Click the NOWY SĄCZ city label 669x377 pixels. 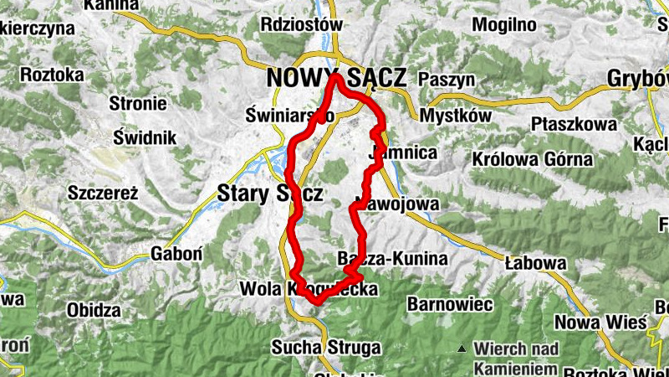click(x=335, y=78)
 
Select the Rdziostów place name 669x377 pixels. click(x=301, y=24)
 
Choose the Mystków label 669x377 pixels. click(x=452, y=115)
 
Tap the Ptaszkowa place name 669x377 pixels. click(x=573, y=125)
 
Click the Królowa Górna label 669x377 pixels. click(x=520, y=158)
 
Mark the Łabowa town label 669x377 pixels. click(x=536, y=263)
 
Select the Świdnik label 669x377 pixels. click(x=145, y=136)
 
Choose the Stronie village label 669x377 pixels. click(x=138, y=104)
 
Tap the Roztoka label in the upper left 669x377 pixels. click(x=52, y=75)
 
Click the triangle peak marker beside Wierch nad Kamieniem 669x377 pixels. click(x=462, y=348)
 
